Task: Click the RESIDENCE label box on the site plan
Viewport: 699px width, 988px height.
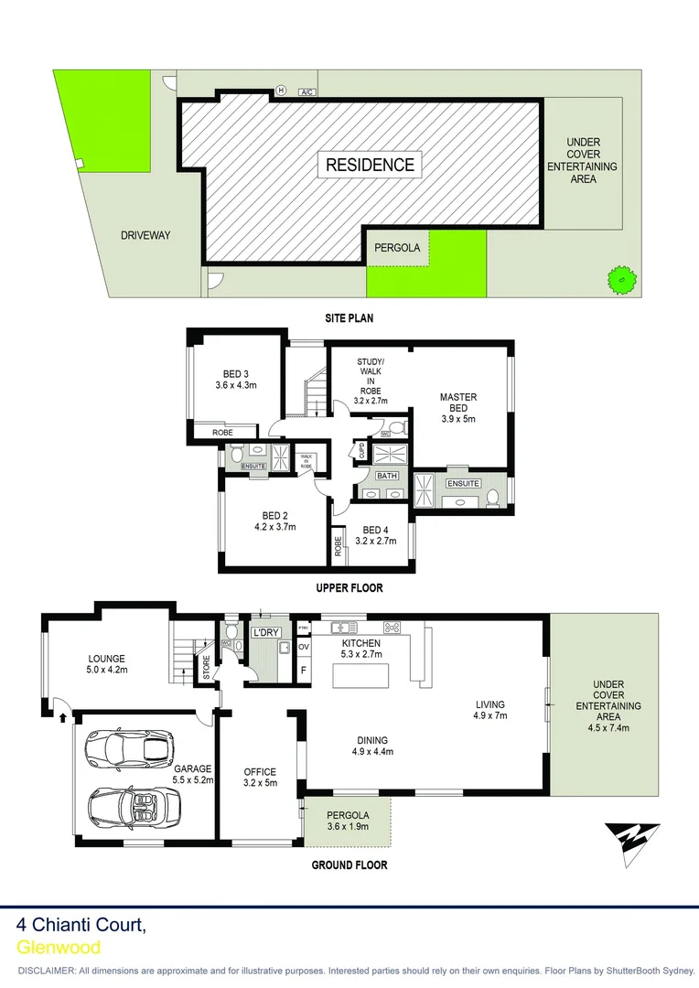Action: pos(371,165)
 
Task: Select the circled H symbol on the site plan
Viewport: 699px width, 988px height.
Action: pos(282,91)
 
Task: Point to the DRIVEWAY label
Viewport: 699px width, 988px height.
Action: pos(145,235)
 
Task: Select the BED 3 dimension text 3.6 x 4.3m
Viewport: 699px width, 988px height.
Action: pos(235,385)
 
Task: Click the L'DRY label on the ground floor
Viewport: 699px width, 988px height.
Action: pos(266,633)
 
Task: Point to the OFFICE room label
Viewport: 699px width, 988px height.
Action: pos(260,772)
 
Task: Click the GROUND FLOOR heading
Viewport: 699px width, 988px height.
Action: pos(349,864)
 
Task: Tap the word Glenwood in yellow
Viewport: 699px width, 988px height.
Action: pos(59,948)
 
